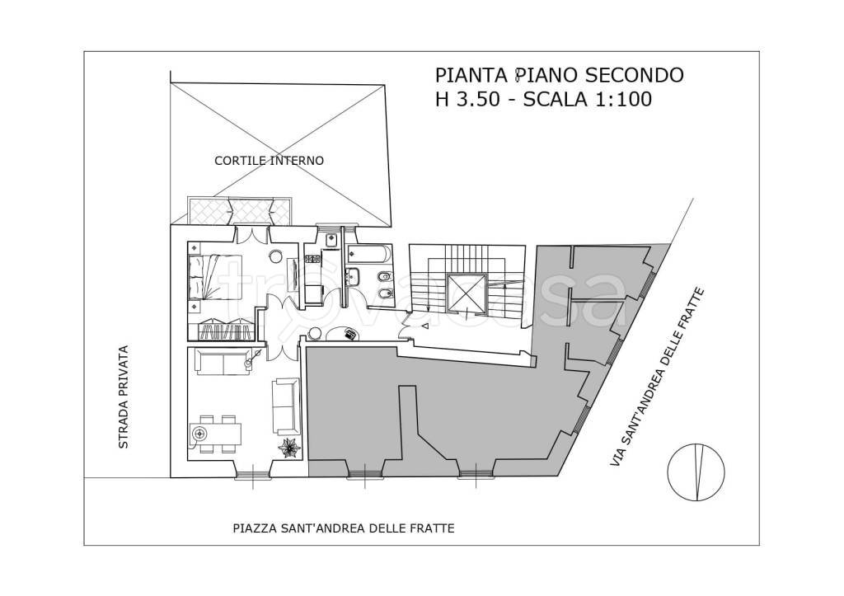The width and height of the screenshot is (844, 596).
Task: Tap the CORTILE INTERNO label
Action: (x=269, y=161)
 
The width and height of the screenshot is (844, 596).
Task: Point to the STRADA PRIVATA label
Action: (x=124, y=397)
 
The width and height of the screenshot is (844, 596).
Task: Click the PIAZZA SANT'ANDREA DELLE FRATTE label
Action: (x=343, y=528)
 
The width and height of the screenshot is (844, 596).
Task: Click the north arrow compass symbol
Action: (x=697, y=472)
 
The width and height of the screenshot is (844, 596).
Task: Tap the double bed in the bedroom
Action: (x=215, y=276)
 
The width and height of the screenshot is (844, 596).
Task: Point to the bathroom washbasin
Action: (x=352, y=276)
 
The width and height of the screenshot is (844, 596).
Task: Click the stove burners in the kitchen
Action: (x=329, y=241)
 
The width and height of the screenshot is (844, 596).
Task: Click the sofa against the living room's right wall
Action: (x=287, y=406)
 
